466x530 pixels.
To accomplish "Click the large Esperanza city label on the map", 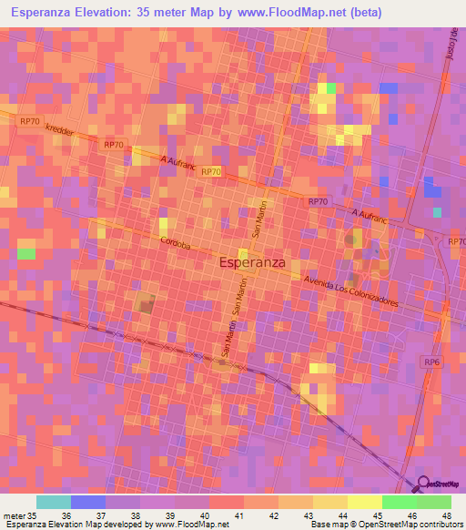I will [253, 262].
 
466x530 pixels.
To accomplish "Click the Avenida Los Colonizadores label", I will [351, 290].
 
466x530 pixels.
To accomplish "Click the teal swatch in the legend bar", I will [54, 501].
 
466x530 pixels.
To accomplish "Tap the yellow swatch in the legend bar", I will [364, 501].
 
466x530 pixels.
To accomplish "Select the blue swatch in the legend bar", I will [88, 501].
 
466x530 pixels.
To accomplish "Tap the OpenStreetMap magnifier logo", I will [423, 484].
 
